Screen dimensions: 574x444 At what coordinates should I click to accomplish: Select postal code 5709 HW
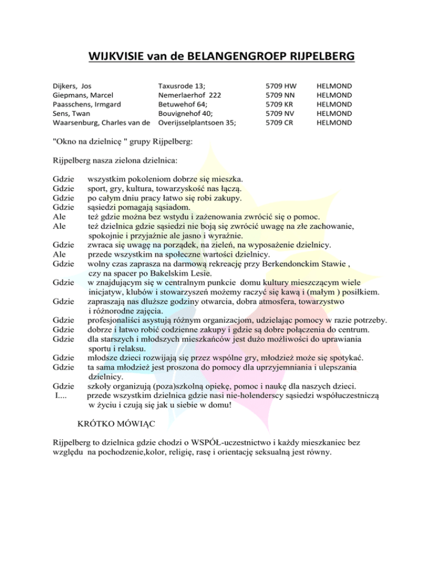tap(281, 85)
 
